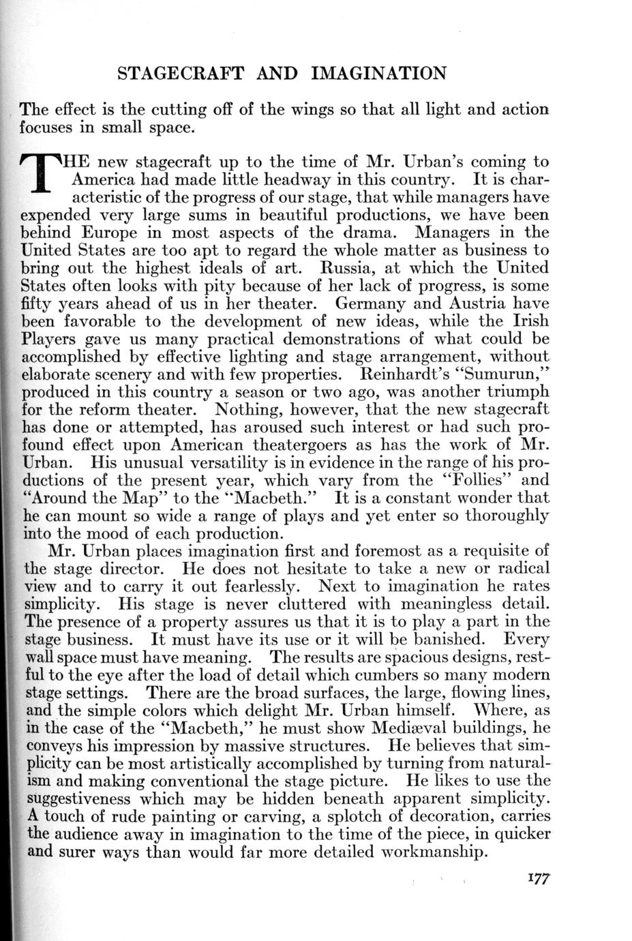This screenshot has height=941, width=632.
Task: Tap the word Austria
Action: coord(477,303)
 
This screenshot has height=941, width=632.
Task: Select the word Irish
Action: coord(527,320)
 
